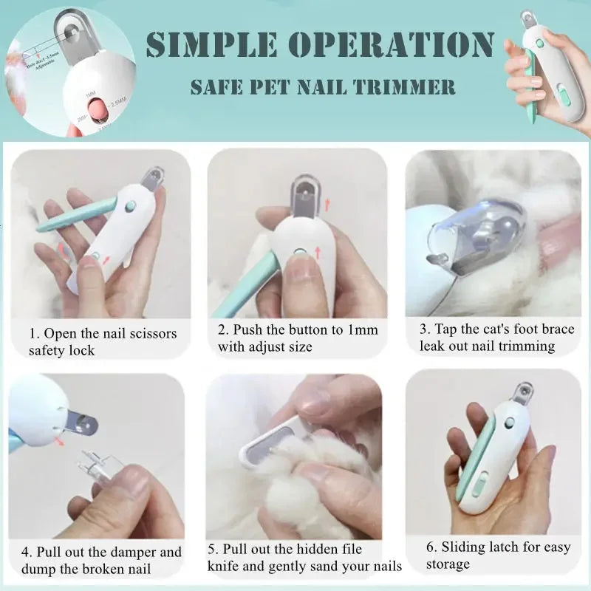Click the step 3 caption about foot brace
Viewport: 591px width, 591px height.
(496, 338)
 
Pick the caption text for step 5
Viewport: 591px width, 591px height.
(304, 558)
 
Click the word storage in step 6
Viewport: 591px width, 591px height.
(448, 564)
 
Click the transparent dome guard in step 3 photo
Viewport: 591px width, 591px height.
(473, 229)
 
